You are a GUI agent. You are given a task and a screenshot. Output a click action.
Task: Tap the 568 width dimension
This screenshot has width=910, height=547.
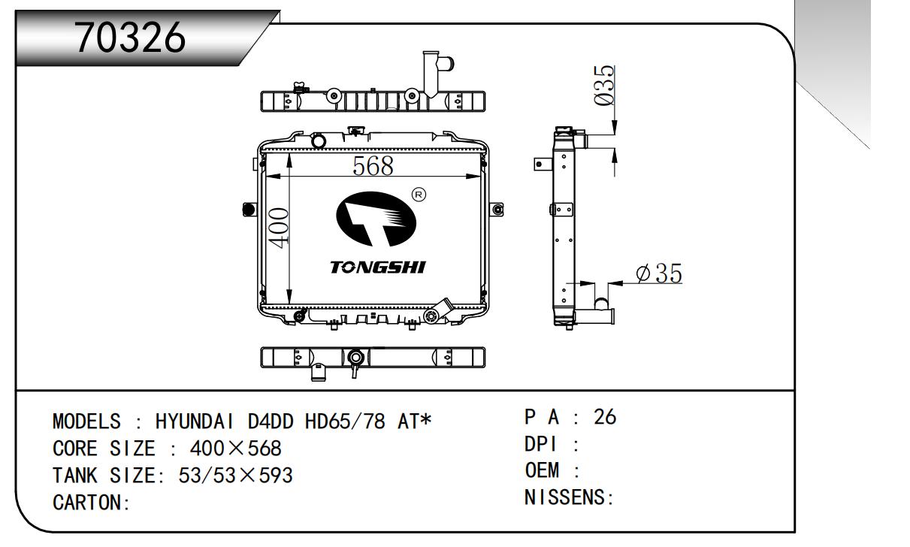pyautogui.click(x=373, y=166)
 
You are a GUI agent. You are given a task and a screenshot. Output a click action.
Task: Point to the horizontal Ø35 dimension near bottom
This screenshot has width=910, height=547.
pyautogui.click(x=658, y=274)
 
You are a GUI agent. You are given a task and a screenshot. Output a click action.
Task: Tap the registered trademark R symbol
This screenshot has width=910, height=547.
pyautogui.click(x=419, y=195)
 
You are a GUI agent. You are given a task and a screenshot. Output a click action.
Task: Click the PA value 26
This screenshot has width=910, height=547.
pyautogui.click(x=605, y=416)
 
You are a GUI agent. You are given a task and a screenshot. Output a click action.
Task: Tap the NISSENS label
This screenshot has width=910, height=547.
pyautogui.click(x=568, y=497)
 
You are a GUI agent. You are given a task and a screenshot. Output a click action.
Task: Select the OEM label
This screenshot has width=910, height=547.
pyautogui.click(x=543, y=470)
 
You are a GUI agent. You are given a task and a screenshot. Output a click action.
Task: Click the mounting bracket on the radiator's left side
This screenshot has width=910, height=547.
pyautogui.click(x=249, y=210)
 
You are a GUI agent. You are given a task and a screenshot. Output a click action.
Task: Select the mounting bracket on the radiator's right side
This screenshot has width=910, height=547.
pyautogui.click(x=497, y=210)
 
